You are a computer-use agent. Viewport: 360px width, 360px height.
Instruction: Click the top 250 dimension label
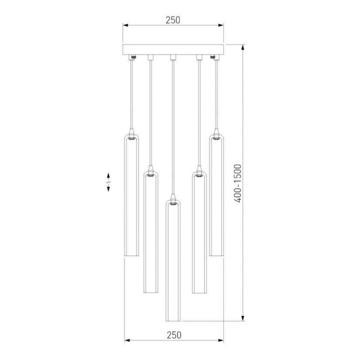[173, 20]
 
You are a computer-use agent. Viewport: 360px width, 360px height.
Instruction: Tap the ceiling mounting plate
[173, 49]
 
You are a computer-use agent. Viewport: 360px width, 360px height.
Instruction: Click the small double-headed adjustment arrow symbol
[109, 183]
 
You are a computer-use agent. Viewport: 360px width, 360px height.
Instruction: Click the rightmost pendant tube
[216, 196]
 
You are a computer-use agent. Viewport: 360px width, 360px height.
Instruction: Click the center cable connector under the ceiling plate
[173, 58]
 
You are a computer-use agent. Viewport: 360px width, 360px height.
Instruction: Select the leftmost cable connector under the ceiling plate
[132, 57]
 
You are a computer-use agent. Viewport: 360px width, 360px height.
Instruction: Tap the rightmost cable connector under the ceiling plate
[215, 57]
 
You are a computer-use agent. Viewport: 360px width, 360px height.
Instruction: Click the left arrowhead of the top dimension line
[125, 26]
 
